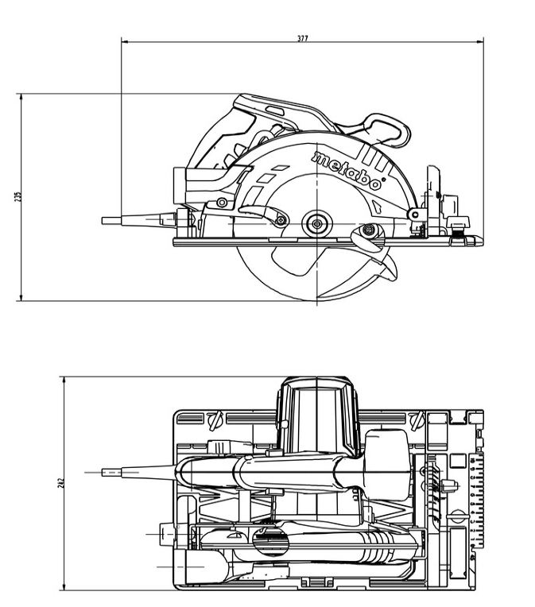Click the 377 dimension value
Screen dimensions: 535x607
(303, 38)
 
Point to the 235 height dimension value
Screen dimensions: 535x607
(17, 196)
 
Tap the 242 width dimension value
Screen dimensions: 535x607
(61, 483)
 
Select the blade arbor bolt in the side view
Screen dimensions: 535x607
(317, 223)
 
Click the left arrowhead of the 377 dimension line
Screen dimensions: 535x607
(124, 41)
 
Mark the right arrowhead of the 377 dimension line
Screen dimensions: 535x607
(480, 41)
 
